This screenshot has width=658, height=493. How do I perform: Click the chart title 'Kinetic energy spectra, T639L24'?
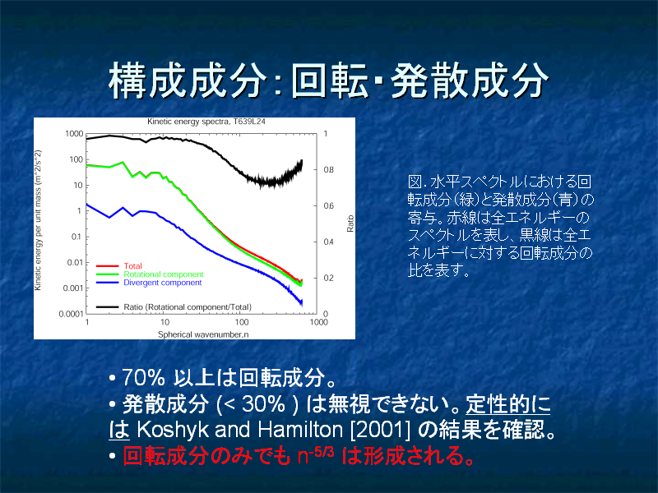[206, 122]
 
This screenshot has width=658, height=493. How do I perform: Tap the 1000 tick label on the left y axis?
[74, 134]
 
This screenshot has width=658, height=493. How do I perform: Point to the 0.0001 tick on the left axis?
[71, 314]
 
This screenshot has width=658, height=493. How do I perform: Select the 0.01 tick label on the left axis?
[75, 263]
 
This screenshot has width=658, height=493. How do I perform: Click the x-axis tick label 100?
[242, 322]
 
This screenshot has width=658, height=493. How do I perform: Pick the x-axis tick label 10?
[165, 322]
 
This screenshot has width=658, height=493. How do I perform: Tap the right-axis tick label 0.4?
[328, 242]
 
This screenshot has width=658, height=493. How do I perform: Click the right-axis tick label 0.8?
[328, 170]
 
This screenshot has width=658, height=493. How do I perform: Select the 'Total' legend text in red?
[132, 265]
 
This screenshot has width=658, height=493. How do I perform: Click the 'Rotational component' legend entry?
[163, 274]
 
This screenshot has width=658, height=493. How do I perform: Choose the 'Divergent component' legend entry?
[162, 283]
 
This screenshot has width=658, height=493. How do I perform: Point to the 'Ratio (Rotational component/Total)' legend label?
[188, 306]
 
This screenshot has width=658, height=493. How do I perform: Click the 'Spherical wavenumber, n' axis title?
[203, 334]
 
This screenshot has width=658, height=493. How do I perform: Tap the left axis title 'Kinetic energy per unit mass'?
[38, 220]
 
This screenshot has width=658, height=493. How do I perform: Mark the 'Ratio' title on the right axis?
[350, 223]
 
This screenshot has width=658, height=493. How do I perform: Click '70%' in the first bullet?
[143, 377]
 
